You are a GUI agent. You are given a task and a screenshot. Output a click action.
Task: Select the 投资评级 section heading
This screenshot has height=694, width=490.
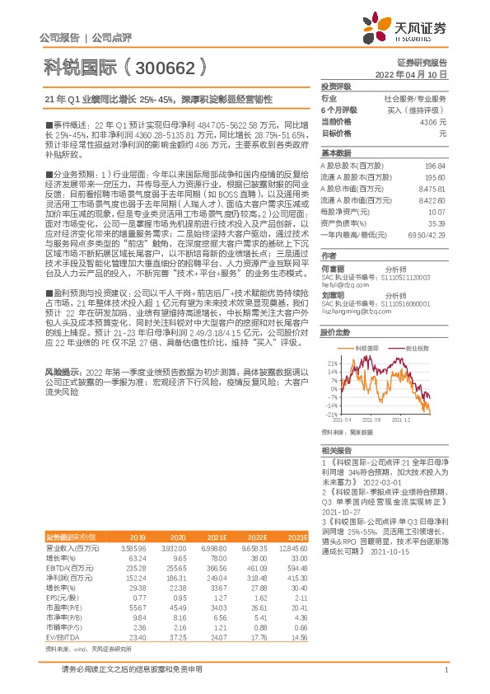pyautogui.click(x=336, y=87)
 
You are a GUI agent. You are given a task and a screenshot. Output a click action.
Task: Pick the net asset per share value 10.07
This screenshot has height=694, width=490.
pyautogui.click(x=436, y=211)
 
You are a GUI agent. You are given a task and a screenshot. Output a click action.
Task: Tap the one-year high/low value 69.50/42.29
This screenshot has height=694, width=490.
pyautogui.click(x=426, y=234)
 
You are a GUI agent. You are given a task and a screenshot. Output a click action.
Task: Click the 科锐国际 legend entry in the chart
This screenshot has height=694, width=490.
pyautogui.click(x=366, y=349)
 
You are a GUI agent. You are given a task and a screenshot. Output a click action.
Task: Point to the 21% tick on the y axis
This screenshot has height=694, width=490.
pyautogui.click(x=333, y=362)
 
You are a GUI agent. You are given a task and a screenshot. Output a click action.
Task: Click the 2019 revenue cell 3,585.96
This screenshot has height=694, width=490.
pyautogui.click(x=133, y=524)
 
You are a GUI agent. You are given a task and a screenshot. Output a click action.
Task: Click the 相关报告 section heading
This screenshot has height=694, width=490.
pyautogui.click(x=336, y=451)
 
